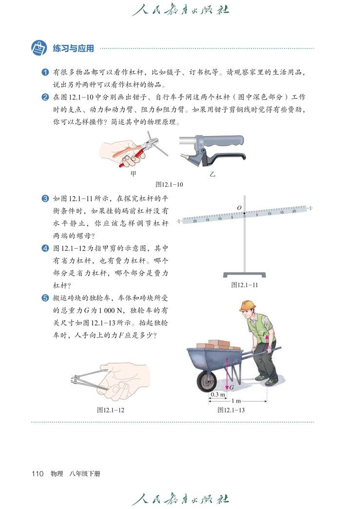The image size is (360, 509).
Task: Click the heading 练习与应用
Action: tap(73, 48)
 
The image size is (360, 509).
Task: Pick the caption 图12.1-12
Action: tap(111, 410)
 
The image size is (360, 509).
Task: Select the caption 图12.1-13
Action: tap(231, 410)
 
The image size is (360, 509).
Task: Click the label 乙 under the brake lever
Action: tap(212, 173)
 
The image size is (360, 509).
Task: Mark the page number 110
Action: tap(38, 473)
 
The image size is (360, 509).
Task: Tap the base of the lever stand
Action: tap(245, 275)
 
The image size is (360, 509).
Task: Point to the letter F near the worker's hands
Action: tap(265, 334)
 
